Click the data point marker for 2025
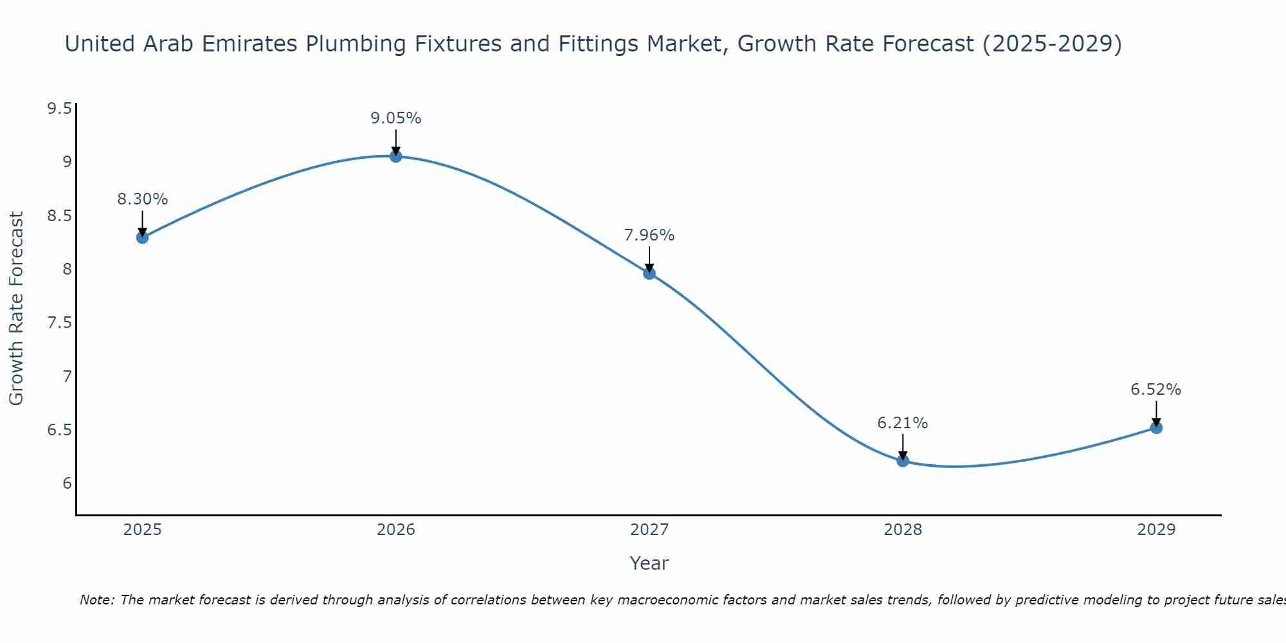coord(142,237)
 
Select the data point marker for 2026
coord(395,156)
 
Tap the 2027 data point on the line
coord(649,273)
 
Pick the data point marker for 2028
coord(903,460)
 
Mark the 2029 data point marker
coord(1156,428)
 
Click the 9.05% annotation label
coord(395,118)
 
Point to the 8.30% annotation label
coord(142,199)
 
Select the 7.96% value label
coord(649,235)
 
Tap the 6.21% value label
coord(903,423)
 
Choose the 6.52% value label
coord(1155,390)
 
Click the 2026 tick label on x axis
coord(395,530)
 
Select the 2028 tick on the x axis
coord(903,530)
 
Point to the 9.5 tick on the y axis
coord(59,108)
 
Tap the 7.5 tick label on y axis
coord(59,322)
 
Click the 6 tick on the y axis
coord(67,483)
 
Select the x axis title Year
coord(649,563)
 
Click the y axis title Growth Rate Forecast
coord(16,308)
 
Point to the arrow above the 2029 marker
coord(1156,412)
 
